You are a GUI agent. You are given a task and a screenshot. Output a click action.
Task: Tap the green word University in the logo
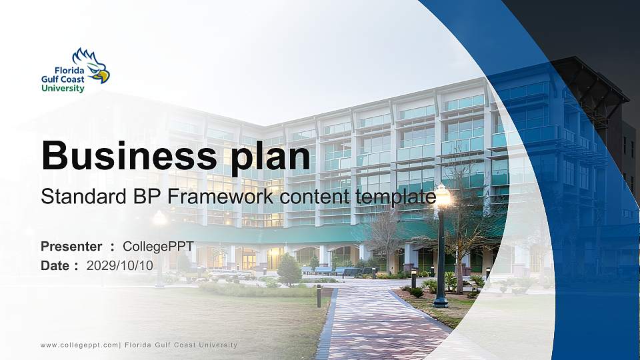pyautogui.click(x=63, y=88)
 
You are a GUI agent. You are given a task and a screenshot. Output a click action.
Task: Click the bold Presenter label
pyautogui.click(x=71, y=247)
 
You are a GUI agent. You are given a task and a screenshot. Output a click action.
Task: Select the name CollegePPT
pyautogui.click(x=159, y=247)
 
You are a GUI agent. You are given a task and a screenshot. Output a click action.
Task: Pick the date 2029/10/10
pyautogui.click(x=120, y=265)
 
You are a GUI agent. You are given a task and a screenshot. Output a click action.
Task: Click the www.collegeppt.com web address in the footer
pyautogui.click(x=78, y=345)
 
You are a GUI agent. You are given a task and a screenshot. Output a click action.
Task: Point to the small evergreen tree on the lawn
pyautogui.click(x=289, y=269)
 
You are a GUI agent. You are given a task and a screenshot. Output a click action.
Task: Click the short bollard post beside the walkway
pyautogui.click(x=319, y=295)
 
